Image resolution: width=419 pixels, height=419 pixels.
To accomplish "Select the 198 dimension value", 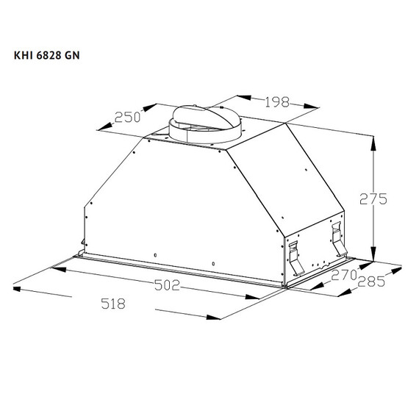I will click(265, 101).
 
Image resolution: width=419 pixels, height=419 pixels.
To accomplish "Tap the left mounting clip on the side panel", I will click(292, 254).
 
